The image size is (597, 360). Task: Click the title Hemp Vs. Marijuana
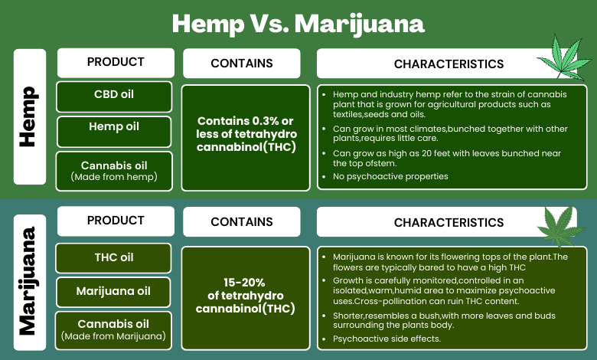[x=298, y=24]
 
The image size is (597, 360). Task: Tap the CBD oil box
[x=114, y=97]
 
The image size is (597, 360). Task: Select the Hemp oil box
[x=114, y=132]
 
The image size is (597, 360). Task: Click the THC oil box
[x=113, y=258]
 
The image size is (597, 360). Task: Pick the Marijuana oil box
[x=113, y=292]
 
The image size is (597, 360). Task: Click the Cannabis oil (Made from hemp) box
[x=114, y=171]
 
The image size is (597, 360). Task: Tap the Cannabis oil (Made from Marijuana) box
[x=113, y=330]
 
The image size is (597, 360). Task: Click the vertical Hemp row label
[x=30, y=116]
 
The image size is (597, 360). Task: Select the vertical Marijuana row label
[x=30, y=283]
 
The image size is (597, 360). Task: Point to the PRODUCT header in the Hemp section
[x=116, y=63]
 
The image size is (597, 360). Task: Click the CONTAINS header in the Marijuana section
[x=242, y=221]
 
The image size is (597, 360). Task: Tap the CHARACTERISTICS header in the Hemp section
[x=449, y=64]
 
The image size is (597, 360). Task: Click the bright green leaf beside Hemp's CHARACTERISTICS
[x=565, y=58]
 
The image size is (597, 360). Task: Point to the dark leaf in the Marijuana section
[x=560, y=226]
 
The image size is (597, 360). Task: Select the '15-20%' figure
[x=244, y=283]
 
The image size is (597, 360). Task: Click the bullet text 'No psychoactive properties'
[x=390, y=176]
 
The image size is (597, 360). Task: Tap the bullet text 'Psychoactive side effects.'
[x=387, y=339]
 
